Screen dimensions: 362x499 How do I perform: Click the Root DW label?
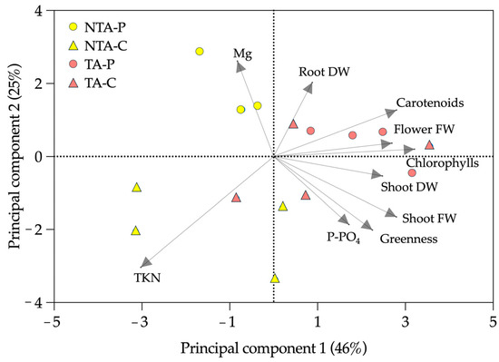point(324,73)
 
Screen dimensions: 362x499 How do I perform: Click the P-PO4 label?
point(346,238)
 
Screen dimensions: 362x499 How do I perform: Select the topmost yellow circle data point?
point(200,52)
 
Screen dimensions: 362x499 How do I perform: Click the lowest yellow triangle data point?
point(275,279)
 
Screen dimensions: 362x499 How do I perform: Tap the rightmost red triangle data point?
point(429,144)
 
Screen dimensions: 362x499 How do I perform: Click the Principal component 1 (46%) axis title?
point(274,348)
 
